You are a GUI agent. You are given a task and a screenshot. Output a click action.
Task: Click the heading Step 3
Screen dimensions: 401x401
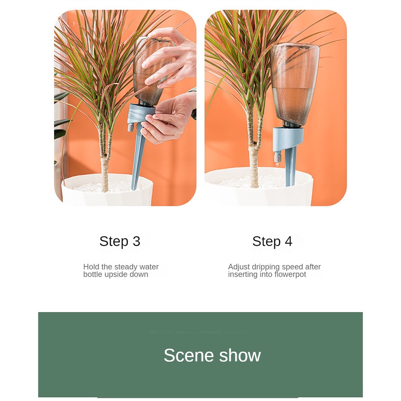tap(120, 241)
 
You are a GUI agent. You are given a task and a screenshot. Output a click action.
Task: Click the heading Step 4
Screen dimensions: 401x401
tap(272, 241)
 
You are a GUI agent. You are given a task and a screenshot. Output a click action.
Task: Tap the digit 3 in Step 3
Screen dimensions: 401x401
tap(136, 241)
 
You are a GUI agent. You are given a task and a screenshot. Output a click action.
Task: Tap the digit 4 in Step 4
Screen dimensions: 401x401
tap(288, 241)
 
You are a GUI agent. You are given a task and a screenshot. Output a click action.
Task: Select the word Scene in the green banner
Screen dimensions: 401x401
tap(189, 355)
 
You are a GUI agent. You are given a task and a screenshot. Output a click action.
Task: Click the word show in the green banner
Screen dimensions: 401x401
tap(240, 355)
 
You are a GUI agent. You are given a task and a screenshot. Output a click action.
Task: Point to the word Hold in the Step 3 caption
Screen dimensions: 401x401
tap(91, 267)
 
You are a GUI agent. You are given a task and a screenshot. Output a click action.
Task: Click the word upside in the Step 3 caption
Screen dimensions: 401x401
tap(116, 275)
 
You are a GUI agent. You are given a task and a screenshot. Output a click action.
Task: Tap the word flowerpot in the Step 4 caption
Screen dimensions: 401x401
tap(290, 274)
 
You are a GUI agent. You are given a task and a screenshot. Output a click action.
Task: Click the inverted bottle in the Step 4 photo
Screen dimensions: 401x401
tap(295, 84)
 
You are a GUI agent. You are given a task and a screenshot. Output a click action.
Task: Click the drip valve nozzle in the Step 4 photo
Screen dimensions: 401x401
tap(277, 157)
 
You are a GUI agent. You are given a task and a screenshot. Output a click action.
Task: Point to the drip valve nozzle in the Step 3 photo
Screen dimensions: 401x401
tap(130, 127)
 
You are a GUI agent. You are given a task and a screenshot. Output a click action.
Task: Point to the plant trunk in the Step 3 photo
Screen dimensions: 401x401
tap(104, 164)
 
